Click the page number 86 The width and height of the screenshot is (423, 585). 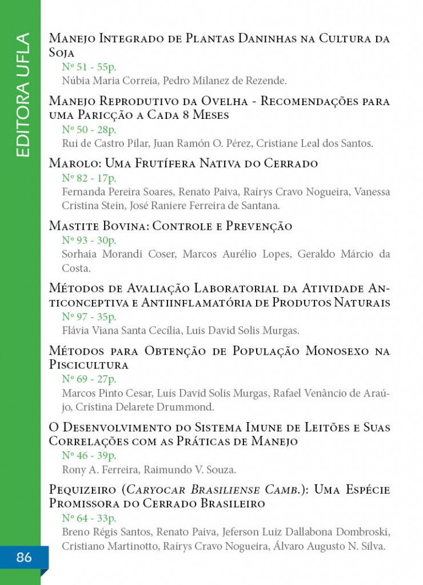[24, 558]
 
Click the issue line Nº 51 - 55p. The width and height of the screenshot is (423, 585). [89, 67]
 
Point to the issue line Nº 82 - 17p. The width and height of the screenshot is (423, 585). [89, 178]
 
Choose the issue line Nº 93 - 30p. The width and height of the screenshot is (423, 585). [89, 241]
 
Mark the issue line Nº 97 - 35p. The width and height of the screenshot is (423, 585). [89, 316]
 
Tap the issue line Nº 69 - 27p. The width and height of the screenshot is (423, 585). [89, 379]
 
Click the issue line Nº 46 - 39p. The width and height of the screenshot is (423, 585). [89, 456]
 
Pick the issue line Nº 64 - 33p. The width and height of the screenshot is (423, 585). [89, 519]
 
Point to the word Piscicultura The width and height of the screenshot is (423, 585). [89, 364]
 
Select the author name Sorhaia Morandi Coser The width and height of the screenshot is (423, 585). [118, 255]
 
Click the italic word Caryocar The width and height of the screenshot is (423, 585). [156, 491]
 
